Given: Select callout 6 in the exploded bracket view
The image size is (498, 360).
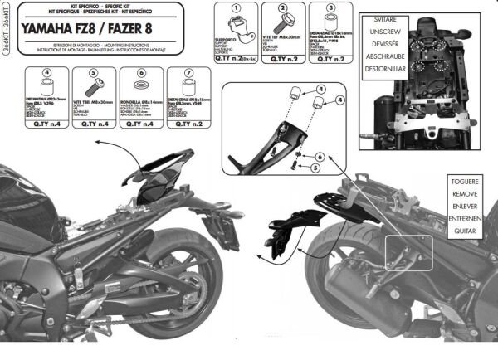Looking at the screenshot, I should pos(319,155).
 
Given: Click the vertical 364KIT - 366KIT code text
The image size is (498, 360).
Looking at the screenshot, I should pos(6,33).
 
